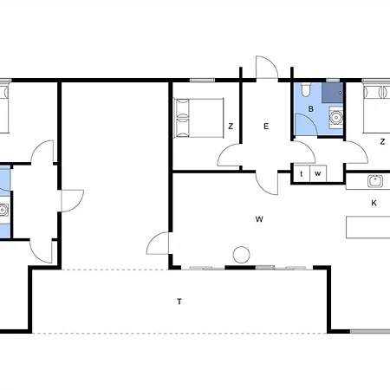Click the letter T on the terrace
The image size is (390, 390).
pos(179,302)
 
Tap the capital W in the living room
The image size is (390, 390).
pos(259,219)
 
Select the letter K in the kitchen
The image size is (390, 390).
pos(374,203)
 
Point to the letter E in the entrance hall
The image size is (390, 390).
pos(266,127)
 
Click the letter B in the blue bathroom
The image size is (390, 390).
pos(311,109)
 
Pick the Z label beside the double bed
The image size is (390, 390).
pos(231,127)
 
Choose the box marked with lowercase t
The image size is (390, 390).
pos(302,173)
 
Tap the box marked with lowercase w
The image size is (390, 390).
pos(318,173)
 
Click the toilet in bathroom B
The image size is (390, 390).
pos(305,89)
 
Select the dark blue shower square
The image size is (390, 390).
pos(333,93)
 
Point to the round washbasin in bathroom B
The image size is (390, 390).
pos(336,118)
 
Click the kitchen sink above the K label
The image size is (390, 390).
pos(375,181)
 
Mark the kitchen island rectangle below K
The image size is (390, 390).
pos(368,227)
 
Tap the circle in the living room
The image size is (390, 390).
pos(241,255)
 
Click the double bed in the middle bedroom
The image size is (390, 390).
pos(198,118)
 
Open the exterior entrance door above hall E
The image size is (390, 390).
pos(267,68)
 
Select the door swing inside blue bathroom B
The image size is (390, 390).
pos(306,124)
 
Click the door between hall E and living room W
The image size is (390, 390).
pos(267,184)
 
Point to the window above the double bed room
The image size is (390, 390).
pos(202,80)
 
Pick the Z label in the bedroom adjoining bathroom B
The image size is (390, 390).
pos(382,142)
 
